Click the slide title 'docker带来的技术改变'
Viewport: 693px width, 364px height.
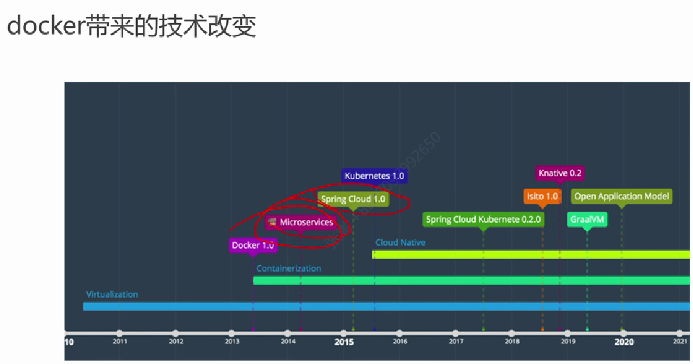click(x=131, y=25)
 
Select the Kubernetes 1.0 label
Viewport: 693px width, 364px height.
click(x=374, y=176)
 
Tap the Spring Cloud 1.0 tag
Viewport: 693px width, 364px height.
click(x=353, y=199)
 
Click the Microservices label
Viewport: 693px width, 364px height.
click(x=300, y=222)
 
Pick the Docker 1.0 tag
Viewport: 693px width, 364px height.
click(x=253, y=245)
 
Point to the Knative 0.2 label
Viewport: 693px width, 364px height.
click(x=559, y=173)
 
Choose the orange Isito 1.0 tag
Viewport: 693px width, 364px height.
click(x=542, y=197)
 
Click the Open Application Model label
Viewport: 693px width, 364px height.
click(x=621, y=197)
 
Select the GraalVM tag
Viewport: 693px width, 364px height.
click(x=587, y=219)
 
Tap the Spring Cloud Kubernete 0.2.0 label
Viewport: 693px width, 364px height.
click(x=483, y=219)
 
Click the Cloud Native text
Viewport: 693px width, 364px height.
click(x=400, y=242)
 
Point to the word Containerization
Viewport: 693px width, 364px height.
click(x=288, y=269)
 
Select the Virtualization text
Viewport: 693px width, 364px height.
click(x=112, y=295)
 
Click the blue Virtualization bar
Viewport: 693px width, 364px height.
click(x=386, y=307)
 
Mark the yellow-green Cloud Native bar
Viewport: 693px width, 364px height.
click(x=531, y=255)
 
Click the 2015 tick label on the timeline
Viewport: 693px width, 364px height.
click(x=344, y=342)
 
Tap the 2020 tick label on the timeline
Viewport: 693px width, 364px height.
click(x=624, y=342)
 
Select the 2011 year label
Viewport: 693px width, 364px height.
click(x=120, y=341)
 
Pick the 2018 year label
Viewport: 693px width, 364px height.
click(x=512, y=341)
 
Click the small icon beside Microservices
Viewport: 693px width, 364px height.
click(x=272, y=222)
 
